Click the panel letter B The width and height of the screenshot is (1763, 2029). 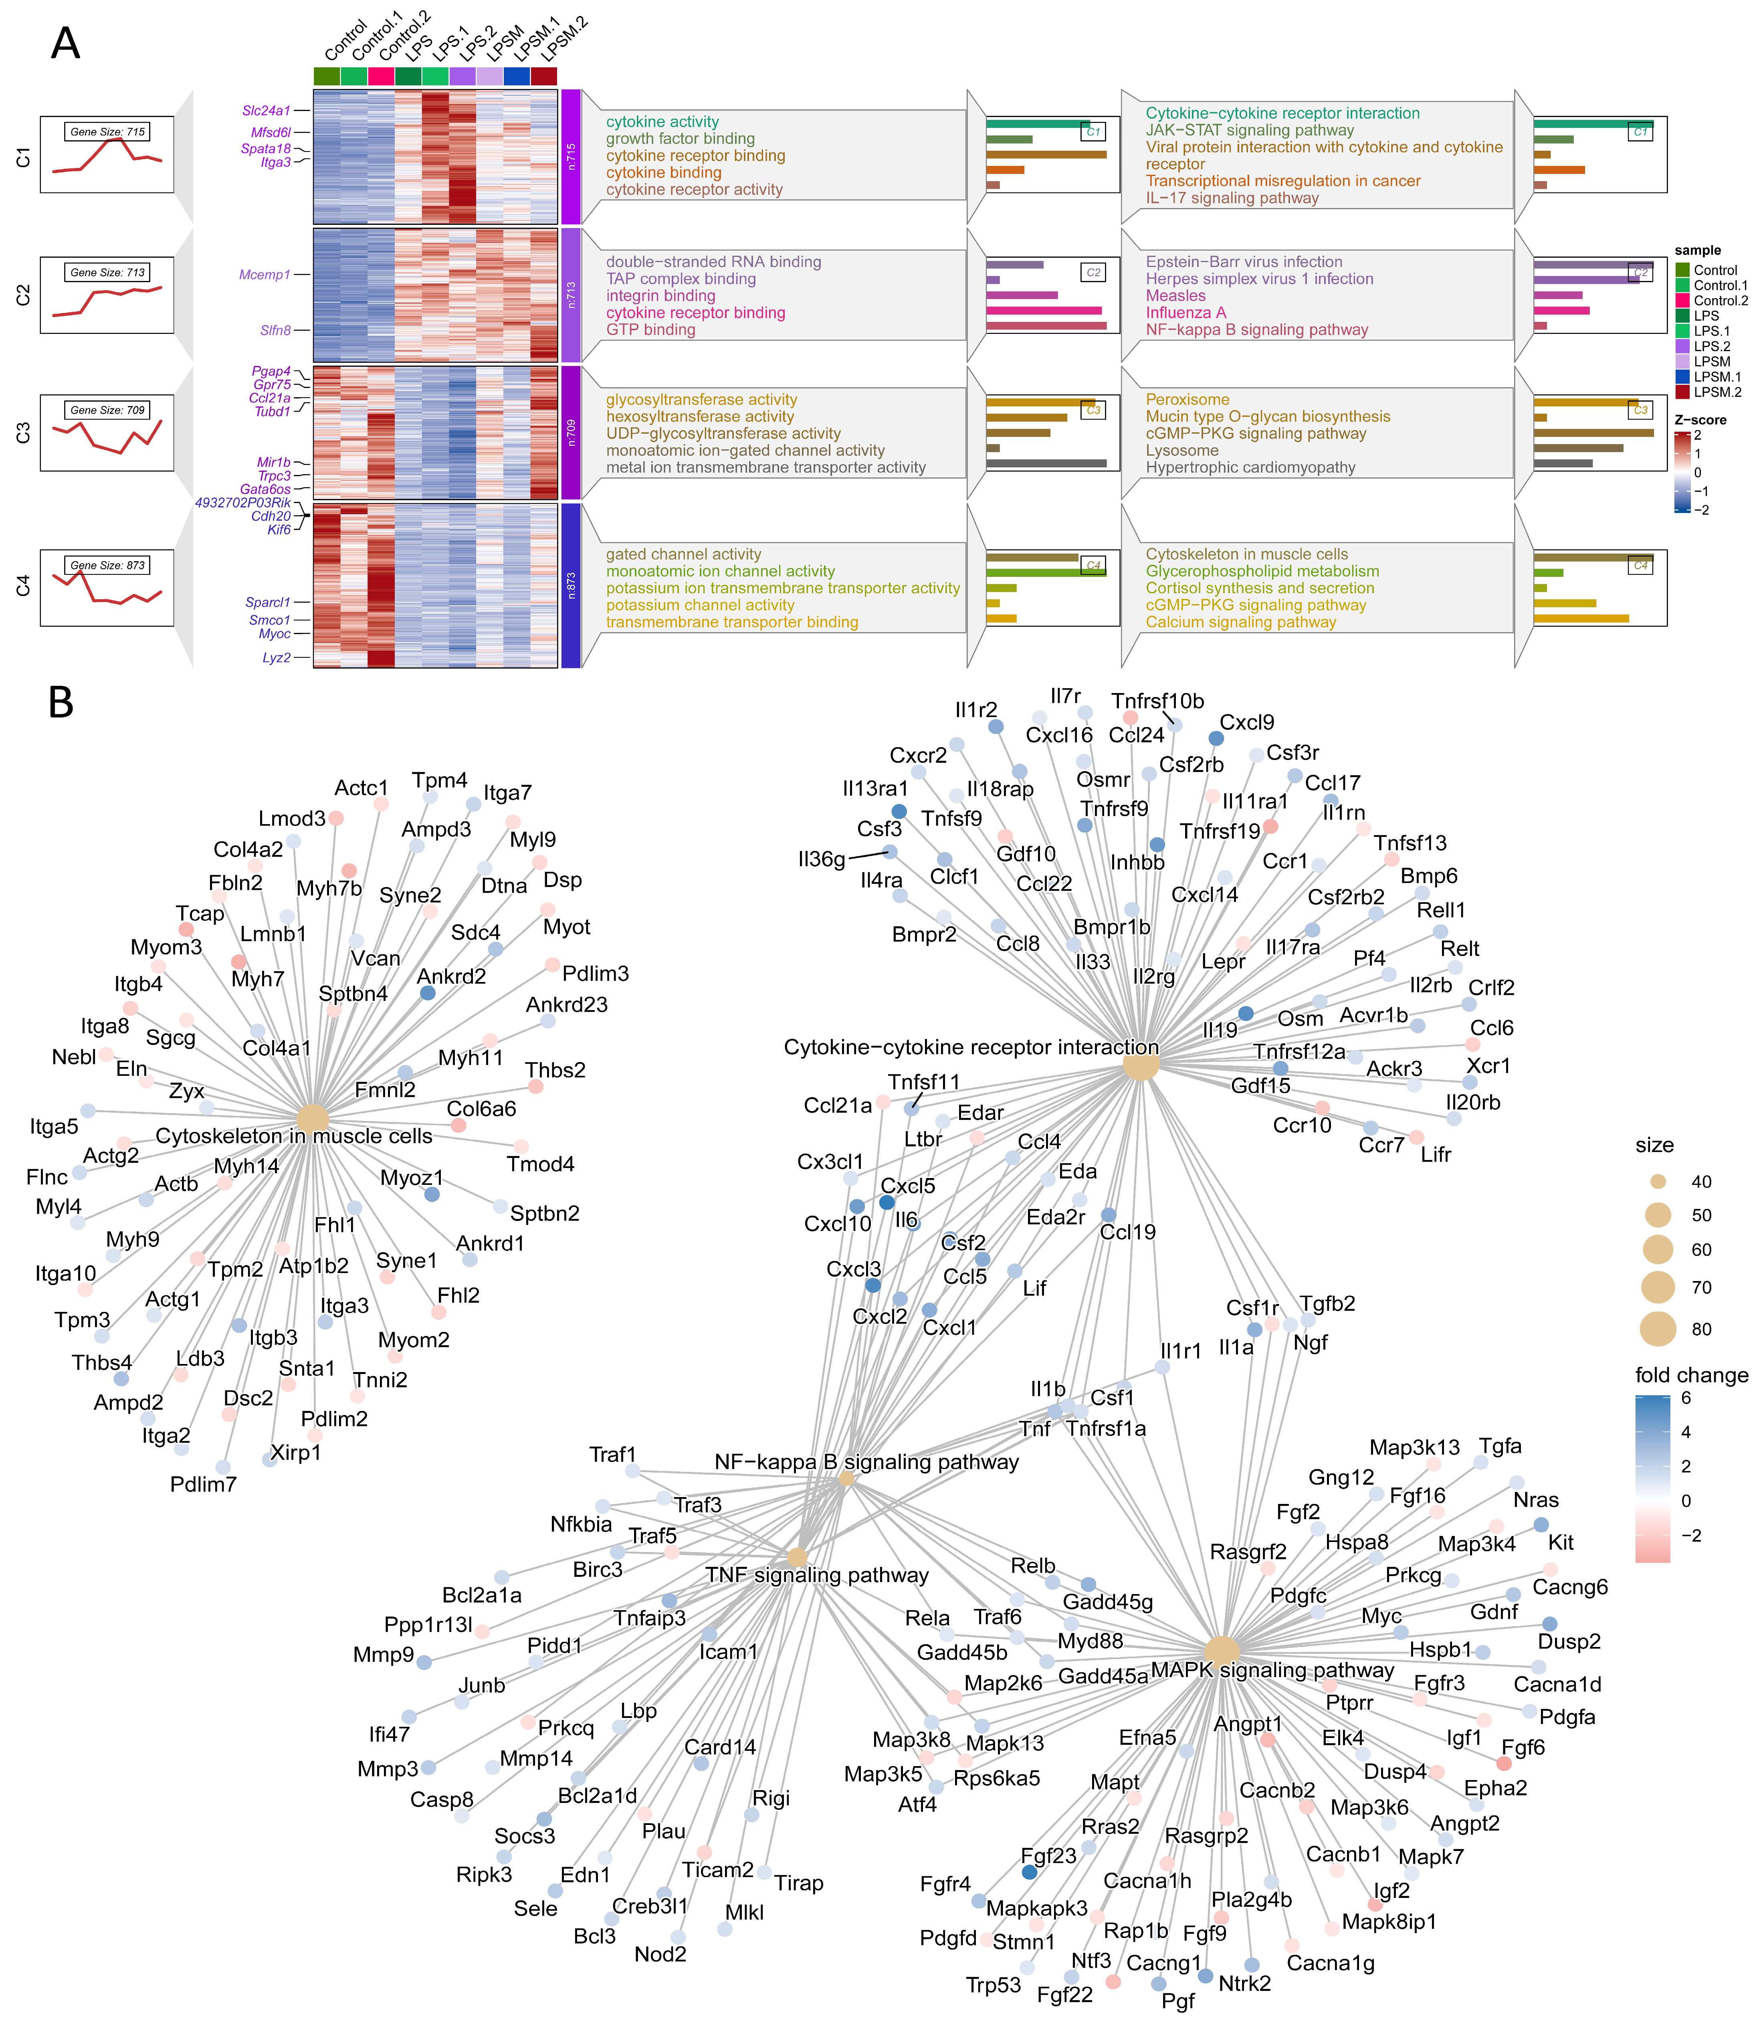click(61, 703)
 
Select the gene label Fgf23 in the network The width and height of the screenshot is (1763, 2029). click(1048, 1856)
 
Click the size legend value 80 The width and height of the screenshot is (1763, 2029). click(1701, 1330)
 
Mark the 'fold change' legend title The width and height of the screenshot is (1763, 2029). click(1691, 1376)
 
